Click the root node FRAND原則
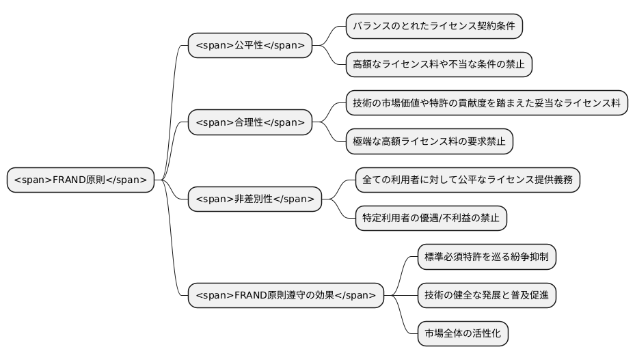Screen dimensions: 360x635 click(x=81, y=180)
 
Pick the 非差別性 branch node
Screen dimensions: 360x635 click(x=255, y=199)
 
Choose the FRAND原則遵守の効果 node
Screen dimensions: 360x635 click(x=286, y=295)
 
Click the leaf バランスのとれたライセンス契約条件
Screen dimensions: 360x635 click(x=434, y=27)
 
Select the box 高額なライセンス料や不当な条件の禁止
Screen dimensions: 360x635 click(x=439, y=65)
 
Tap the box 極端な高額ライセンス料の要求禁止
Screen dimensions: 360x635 click(x=429, y=141)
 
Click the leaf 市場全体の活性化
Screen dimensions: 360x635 click(x=463, y=334)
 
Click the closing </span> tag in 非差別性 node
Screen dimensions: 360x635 click(x=294, y=199)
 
